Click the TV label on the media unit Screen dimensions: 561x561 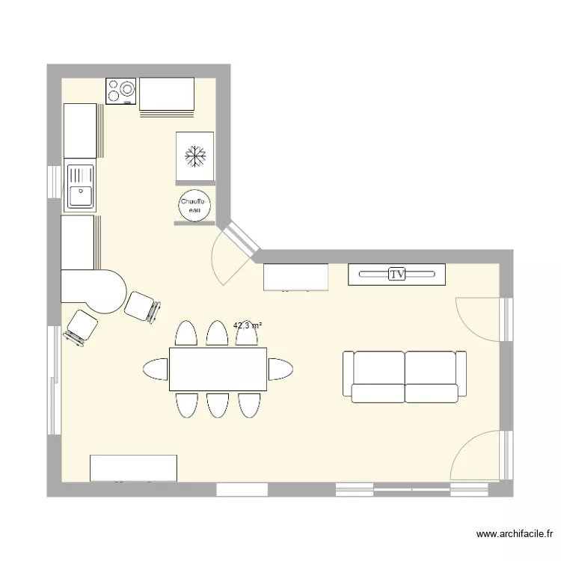pos(396,275)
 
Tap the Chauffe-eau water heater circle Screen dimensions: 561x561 pos(194,206)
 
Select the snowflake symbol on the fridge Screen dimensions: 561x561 pos(195,156)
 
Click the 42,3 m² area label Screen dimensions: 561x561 pos(248,325)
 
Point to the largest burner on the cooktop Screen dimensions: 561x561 pos(127,88)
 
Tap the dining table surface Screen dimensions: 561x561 pos(218,369)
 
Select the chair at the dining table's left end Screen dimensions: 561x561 pos(156,369)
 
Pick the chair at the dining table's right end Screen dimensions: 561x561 pos(280,369)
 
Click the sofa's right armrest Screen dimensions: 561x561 pos(462,373)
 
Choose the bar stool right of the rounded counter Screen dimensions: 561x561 pos(142,307)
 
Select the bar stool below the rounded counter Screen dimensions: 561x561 pos(81,328)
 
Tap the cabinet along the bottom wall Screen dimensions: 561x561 pos(133,468)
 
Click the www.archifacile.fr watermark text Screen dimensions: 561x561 pos(515,535)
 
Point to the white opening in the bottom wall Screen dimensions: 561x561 pos(242,489)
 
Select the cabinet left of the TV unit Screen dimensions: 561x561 pos(296,277)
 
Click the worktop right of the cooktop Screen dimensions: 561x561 pos(167,94)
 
